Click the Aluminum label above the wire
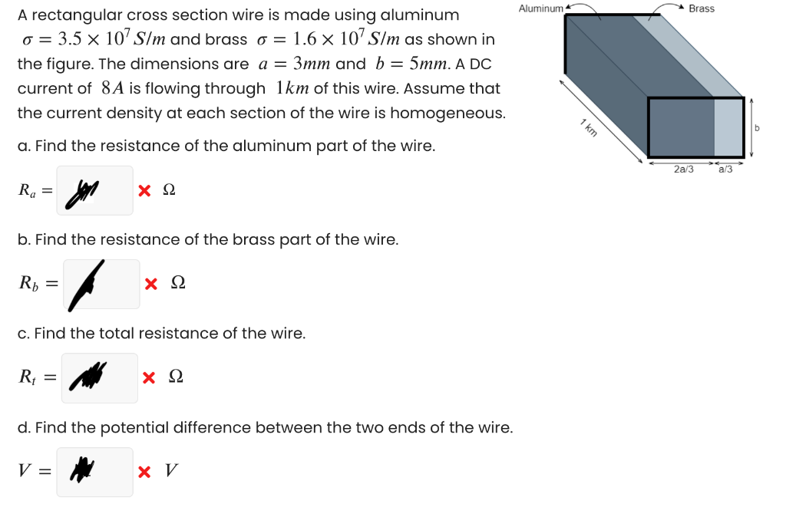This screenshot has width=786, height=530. (540, 8)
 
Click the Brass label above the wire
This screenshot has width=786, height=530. (702, 8)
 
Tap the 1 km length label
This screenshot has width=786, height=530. (589, 128)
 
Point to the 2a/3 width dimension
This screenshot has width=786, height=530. (682, 170)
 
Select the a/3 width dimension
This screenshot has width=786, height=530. (725, 170)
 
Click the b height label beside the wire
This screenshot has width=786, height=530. (758, 127)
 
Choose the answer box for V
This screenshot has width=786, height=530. (94, 472)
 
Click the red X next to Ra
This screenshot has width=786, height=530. (144, 191)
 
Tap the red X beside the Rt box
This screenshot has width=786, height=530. (150, 378)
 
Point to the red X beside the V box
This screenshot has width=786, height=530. (144, 472)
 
